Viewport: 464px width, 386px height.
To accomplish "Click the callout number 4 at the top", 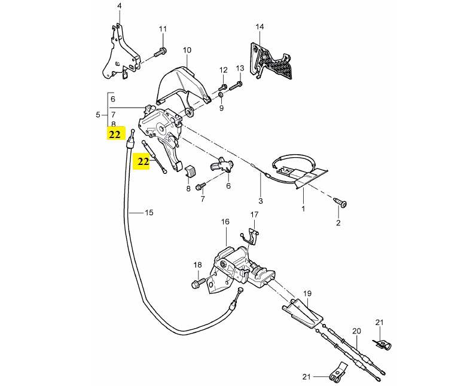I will point(119,7).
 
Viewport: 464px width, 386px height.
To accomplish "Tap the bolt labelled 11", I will point(160,53).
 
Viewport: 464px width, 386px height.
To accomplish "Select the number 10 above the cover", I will point(187,50).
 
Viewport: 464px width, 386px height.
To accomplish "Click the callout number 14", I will point(259,27).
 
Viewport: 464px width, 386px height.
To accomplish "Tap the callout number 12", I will point(224,70).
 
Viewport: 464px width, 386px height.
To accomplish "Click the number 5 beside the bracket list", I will point(98,114).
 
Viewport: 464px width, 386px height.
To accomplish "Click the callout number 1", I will point(303,209).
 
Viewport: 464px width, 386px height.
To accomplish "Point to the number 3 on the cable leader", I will point(260,201).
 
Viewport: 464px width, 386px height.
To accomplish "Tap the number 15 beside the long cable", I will point(149,212).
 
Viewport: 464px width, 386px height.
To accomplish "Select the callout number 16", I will point(225,222).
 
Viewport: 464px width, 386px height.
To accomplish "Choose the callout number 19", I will point(307,293).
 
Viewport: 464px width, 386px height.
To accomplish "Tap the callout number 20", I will point(356,330).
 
